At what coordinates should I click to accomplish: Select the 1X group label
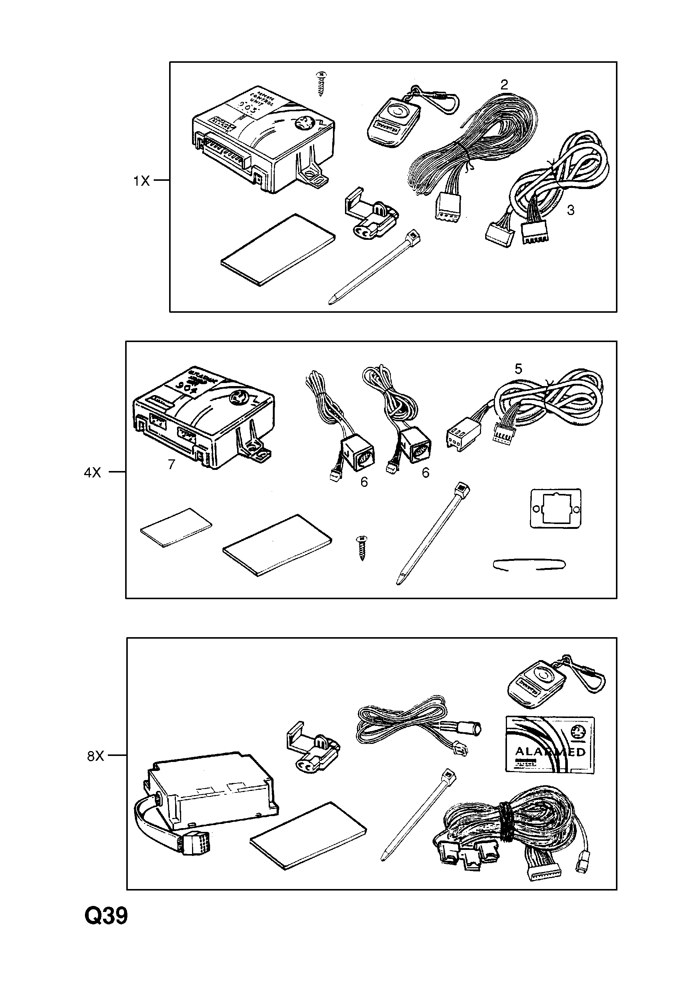(x=141, y=181)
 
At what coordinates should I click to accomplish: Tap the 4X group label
(x=92, y=473)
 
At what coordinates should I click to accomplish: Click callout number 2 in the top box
(x=504, y=85)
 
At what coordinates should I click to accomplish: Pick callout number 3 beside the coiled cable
(x=570, y=211)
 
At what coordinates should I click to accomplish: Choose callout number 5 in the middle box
(x=518, y=369)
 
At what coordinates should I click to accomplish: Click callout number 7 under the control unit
(x=171, y=464)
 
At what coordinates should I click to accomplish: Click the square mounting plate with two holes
(x=555, y=508)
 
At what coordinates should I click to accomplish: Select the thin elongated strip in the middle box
(x=529, y=565)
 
